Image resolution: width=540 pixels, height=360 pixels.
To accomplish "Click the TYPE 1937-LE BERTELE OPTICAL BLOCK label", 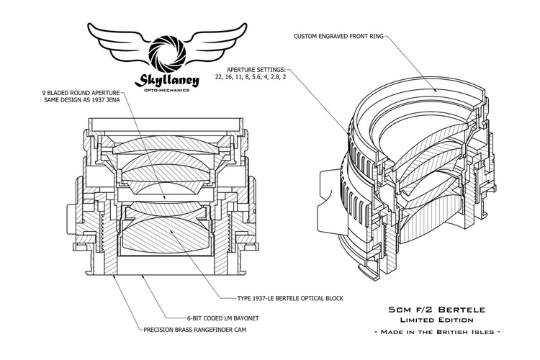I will point(282,297).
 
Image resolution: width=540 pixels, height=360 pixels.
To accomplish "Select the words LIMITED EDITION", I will point(431,319).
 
